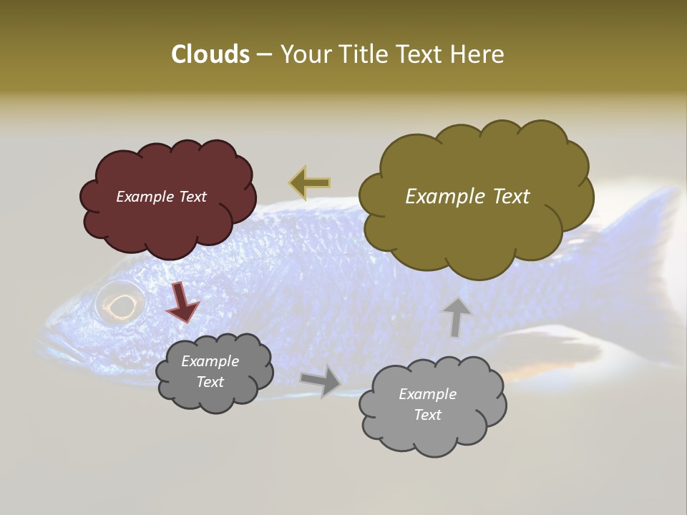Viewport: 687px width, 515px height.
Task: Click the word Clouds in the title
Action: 210,54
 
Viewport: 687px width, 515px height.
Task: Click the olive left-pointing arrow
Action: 310,182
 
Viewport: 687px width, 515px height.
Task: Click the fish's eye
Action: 120,303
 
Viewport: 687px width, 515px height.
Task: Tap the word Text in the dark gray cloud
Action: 210,382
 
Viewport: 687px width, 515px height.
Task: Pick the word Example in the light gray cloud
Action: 427,394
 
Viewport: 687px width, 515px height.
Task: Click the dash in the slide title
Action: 264,54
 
